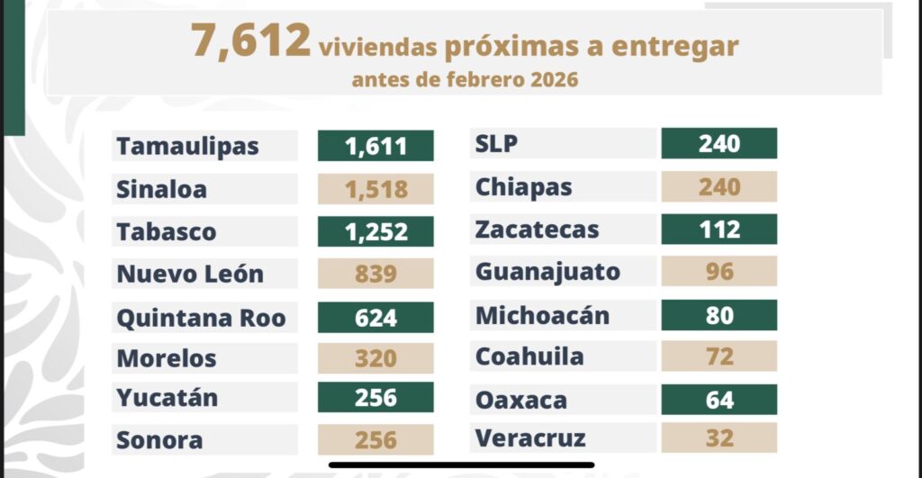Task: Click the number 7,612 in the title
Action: coord(249,42)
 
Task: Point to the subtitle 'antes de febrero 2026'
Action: coord(465,80)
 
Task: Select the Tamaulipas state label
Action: coord(187,146)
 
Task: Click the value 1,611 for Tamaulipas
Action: coord(375,146)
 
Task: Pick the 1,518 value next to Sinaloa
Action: coord(375,189)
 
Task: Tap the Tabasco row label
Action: coord(167,231)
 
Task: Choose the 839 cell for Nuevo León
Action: coord(375,274)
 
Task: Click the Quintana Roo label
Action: coord(201,317)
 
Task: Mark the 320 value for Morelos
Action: coord(375,358)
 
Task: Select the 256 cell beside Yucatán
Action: coord(375,398)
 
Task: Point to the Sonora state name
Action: coord(159,440)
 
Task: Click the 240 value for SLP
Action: coord(719,144)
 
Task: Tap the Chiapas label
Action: coord(524,187)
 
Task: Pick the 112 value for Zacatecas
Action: coord(719,230)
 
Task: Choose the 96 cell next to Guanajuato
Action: coord(719,271)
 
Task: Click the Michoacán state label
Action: coord(542,316)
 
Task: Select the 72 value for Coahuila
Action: coord(719,356)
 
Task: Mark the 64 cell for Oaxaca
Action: coord(719,400)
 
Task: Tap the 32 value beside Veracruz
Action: coord(719,438)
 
